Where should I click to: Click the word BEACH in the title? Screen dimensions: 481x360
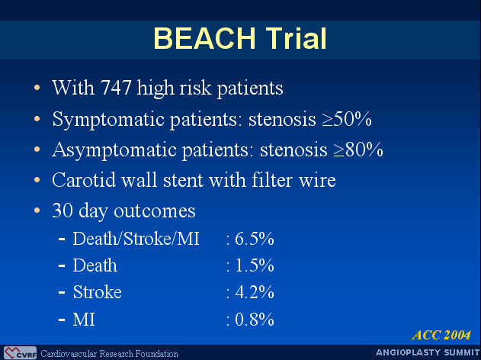click(204, 38)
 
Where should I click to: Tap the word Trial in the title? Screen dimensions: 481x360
click(297, 38)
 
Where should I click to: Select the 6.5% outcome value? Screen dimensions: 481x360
click(255, 239)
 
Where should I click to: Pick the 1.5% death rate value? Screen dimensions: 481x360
click(255, 265)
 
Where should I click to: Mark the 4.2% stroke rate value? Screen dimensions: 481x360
click(255, 292)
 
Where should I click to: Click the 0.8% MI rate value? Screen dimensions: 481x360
click(255, 320)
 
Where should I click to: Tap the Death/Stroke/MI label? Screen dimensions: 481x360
click(136, 239)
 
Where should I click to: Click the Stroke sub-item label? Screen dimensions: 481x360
click(98, 292)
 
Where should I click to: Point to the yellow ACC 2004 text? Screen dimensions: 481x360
click(441, 335)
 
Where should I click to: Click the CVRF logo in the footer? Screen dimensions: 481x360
click(21, 353)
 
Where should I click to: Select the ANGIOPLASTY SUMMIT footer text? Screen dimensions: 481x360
click(428, 352)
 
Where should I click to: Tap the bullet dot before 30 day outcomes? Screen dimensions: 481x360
click(37, 211)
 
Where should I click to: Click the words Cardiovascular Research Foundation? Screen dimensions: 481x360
click(109, 354)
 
